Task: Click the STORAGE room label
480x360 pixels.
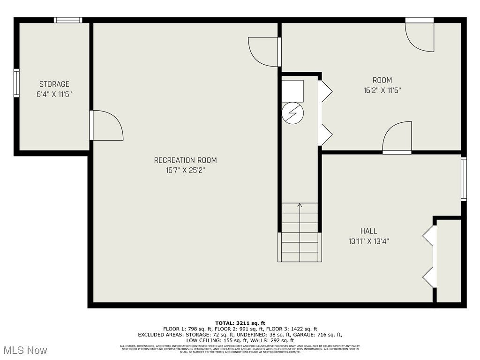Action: click(54, 84)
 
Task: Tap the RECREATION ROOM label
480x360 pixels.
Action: click(185, 160)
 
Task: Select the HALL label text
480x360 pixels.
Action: click(368, 231)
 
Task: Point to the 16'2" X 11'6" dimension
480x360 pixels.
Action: click(382, 90)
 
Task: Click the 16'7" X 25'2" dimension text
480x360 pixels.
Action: click(185, 171)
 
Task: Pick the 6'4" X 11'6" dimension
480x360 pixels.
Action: click(54, 94)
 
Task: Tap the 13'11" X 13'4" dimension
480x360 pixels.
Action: click(368, 241)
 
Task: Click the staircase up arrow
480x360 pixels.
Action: click(300, 205)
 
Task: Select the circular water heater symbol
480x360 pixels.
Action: click(293, 114)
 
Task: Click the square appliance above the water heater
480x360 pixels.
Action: click(292, 91)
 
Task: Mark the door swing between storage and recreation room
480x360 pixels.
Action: click(106, 126)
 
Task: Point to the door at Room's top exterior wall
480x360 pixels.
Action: click(419, 36)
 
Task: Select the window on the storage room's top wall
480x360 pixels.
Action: click(68, 20)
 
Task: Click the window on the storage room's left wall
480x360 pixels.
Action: click(16, 83)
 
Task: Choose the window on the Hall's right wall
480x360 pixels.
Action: click(464, 179)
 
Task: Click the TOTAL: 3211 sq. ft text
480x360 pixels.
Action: click(240, 323)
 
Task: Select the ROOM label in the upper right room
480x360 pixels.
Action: click(382, 80)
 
